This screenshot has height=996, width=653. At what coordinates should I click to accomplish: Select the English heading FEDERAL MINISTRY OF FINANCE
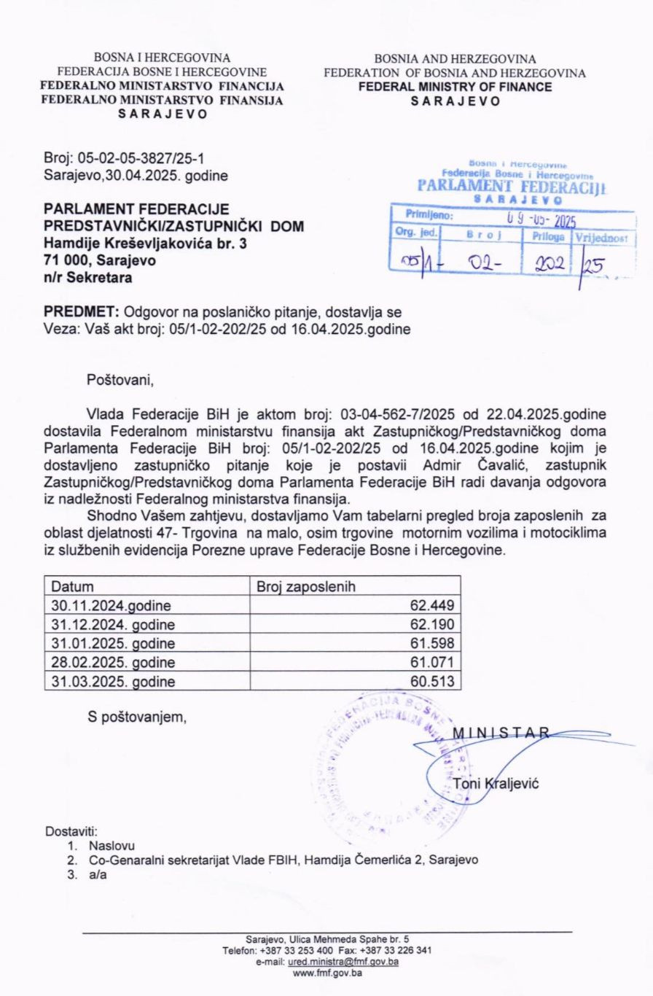pos(455,87)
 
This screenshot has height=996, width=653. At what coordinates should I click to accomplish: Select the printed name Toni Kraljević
pos(496,784)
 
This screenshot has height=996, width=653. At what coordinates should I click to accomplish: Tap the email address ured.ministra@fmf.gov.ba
pos(343,962)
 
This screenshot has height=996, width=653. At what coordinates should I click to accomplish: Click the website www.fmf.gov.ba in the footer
pos(326,973)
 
